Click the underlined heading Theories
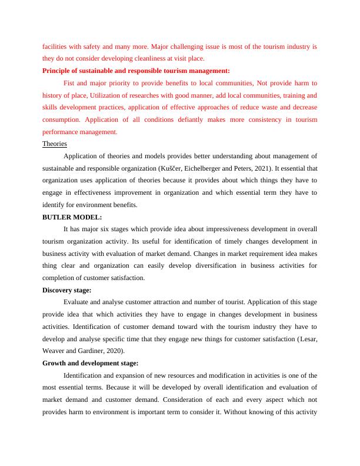tap(55, 144)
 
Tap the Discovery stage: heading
tap(66, 290)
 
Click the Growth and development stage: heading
tap(90, 363)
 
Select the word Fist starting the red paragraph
tap(69, 83)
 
